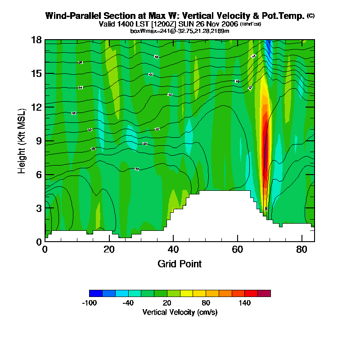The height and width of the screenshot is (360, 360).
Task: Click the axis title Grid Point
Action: (x=180, y=264)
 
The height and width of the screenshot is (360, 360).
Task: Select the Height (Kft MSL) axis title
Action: (x=21, y=140)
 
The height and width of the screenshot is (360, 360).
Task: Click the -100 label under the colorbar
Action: (x=90, y=303)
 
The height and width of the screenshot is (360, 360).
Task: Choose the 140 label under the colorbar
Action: (x=244, y=303)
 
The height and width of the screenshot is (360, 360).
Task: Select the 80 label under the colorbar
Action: (x=206, y=303)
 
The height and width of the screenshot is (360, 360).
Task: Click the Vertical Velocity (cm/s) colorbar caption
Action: (x=180, y=312)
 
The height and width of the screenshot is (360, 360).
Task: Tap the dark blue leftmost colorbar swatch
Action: (x=96, y=293)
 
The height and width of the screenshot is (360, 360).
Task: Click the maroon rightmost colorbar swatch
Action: (x=264, y=293)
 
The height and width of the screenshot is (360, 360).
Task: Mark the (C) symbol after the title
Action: (x=310, y=16)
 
